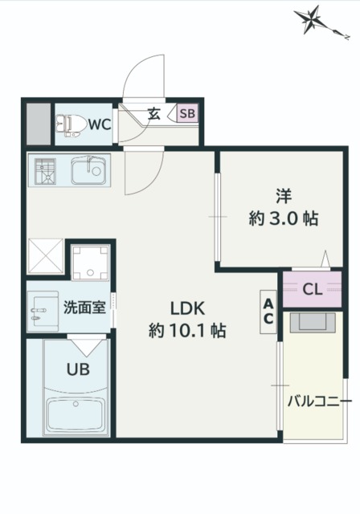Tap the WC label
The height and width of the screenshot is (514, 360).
coord(99,124)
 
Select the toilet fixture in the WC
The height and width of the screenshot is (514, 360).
coord(71,124)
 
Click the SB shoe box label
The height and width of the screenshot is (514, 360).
coord(186,114)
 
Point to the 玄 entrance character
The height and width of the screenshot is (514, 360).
coord(154,114)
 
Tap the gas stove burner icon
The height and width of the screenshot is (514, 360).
coord(45,170)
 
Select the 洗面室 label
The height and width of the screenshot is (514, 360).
coord(85,307)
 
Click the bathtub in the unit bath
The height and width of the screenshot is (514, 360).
coord(76,414)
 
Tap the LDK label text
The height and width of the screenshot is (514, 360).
coord(188,308)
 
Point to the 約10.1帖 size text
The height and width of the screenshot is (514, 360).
coord(187,329)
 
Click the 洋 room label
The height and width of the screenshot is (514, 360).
coord(284,194)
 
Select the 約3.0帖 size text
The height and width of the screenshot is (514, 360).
coord(282,218)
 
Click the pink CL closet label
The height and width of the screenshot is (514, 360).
coord(313,290)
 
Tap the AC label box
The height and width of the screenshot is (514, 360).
coord(268,310)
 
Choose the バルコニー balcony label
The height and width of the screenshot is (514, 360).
coord(319,400)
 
